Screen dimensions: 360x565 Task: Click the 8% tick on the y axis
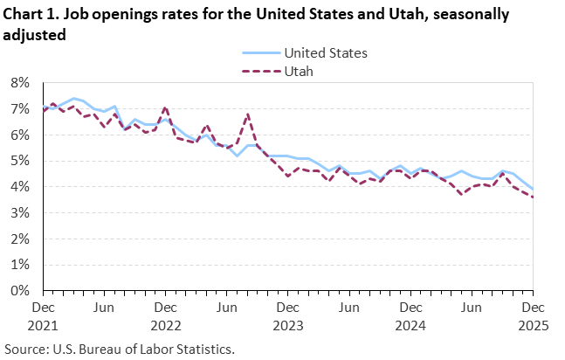[18, 83]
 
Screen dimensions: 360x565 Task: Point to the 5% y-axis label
[18, 161]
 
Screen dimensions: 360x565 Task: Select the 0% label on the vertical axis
[18, 290]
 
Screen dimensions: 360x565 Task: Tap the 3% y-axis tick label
[18, 212]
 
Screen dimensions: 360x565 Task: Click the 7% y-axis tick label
[18, 109]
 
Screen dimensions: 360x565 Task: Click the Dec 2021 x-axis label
[43, 315]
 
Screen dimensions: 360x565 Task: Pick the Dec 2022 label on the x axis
[165, 315]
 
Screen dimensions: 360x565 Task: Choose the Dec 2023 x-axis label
[287, 315]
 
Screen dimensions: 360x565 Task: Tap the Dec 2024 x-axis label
[410, 315]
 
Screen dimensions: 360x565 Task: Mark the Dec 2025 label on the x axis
[532, 315]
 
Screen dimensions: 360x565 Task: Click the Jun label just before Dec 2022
[104, 308]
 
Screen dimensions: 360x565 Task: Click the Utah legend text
[297, 71]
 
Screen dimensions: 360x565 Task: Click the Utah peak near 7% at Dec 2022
[165, 107]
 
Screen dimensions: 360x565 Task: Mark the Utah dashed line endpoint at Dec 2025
[532, 197]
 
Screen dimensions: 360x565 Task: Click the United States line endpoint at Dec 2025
[532, 190]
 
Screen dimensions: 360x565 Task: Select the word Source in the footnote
[25, 348]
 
